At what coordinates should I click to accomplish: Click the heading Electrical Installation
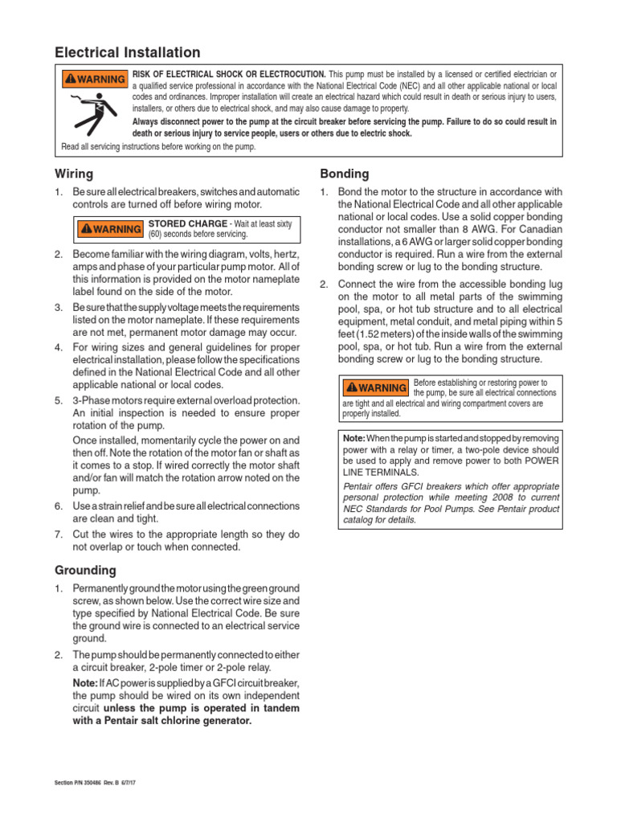pyautogui.click(x=127, y=53)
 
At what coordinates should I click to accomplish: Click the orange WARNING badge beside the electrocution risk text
pyautogui.click(x=95, y=79)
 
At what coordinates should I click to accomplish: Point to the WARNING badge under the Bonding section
pyautogui.click(x=375, y=387)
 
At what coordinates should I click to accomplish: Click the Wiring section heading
pyautogui.click(x=74, y=174)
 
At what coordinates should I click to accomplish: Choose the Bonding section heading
pyautogui.click(x=345, y=174)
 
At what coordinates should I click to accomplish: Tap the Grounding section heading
pyautogui.click(x=85, y=570)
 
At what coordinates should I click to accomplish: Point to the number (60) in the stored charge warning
pyautogui.click(x=158, y=235)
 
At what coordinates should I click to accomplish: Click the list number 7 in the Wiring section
pyautogui.click(x=58, y=534)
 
